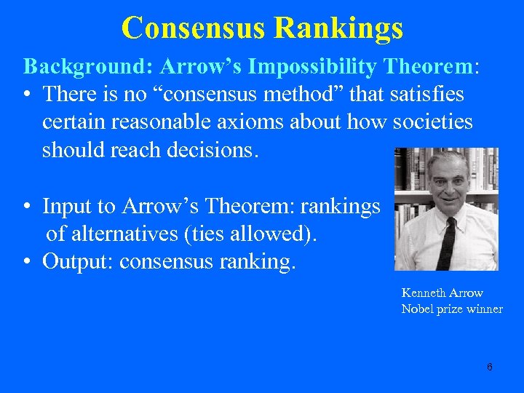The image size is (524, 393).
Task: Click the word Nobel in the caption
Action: [x=416, y=309]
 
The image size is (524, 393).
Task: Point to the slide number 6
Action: [x=489, y=367]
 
